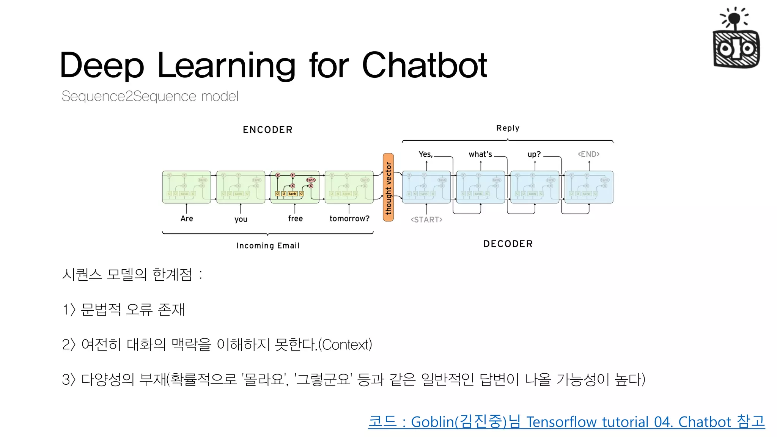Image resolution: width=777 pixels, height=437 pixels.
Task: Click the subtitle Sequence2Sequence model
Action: tap(150, 96)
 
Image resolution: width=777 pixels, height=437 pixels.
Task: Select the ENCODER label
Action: tap(267, 130)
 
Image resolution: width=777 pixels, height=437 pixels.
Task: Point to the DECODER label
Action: tap(508, 244)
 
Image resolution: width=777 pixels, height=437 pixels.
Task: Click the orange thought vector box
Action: tap(388, 187)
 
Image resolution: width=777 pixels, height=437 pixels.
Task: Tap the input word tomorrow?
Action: tap(349, 218)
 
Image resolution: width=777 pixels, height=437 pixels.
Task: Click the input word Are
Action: tap(187, 218)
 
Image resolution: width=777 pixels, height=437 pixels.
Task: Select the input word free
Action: tap(295, 218)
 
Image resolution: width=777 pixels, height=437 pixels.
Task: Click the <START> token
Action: tap(426, 220)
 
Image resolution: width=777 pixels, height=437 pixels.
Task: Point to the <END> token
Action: tap(588, 154)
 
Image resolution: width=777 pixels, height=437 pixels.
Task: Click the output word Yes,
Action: tap(425, 154)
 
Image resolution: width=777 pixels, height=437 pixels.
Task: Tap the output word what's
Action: tap(480, 154)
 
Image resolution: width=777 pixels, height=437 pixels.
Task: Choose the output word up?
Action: tap(534, 154)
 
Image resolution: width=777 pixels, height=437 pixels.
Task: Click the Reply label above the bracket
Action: tap(508, 128)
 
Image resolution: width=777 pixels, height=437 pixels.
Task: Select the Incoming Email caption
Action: tap(268, 245)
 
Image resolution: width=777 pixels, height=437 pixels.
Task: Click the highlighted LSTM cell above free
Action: tap(295, 187)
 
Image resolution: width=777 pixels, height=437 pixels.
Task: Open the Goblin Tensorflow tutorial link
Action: tap(566, 422)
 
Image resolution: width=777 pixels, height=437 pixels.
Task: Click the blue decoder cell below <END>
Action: tap(589, 187)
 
